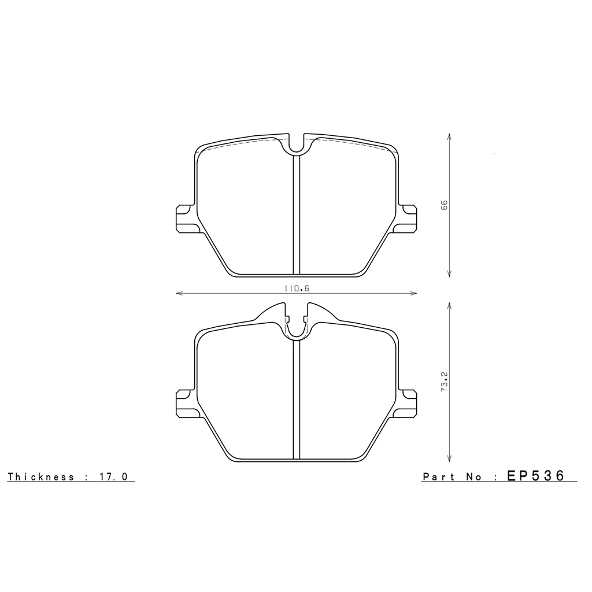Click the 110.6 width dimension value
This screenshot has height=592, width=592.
point(296,288)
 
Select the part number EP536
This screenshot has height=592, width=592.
point(535,476)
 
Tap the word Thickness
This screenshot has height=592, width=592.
point(41,477)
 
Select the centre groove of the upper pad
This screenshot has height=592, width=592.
point(296,214)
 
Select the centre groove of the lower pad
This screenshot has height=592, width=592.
point(296,399)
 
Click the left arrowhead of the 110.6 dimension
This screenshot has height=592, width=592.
point(178,294)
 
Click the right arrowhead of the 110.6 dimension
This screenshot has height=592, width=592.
point(414,294)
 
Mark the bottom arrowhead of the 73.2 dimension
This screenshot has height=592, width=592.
point(450,460)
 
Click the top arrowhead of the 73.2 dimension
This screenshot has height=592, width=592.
point(450,303)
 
